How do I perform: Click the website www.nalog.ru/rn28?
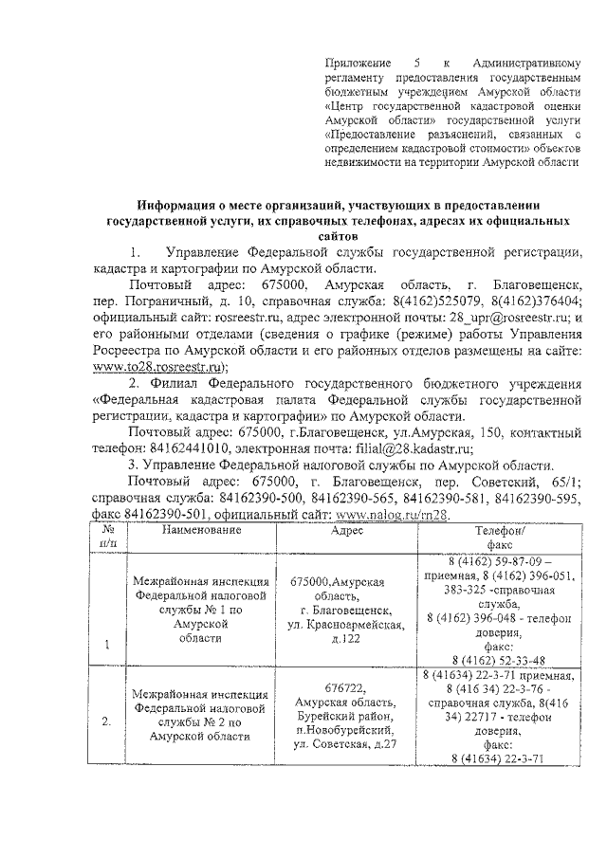387,513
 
